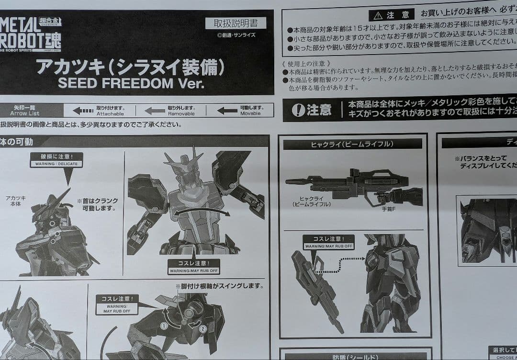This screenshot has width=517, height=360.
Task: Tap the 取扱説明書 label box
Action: pyautogui.click(x=236, y=23)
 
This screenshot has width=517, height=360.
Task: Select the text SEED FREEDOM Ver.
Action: pyautogui.click(x=131, y=83)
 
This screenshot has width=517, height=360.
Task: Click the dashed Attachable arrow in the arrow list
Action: pyautogui.click(x=83, y=111)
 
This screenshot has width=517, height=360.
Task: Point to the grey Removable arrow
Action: pyautogui.click(x=155, y=111)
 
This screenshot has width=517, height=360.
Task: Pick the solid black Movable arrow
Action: pyautogui.click(x=227, y=111)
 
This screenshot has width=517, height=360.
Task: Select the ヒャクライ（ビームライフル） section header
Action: pyautogui.click(x=352, y=144)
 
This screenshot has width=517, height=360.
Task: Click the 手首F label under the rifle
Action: pyautogui.click(x=388, y=209)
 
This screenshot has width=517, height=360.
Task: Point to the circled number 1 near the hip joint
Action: pyautogui.click(x=164, y=326)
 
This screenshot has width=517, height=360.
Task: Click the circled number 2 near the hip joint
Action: pyautogui.click(x=203, y=329)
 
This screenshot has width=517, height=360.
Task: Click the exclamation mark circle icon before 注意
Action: pyautogui.click(x=298, y=111)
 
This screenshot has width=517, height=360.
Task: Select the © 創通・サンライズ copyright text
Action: pyautogui.click(x=236, y=35)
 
